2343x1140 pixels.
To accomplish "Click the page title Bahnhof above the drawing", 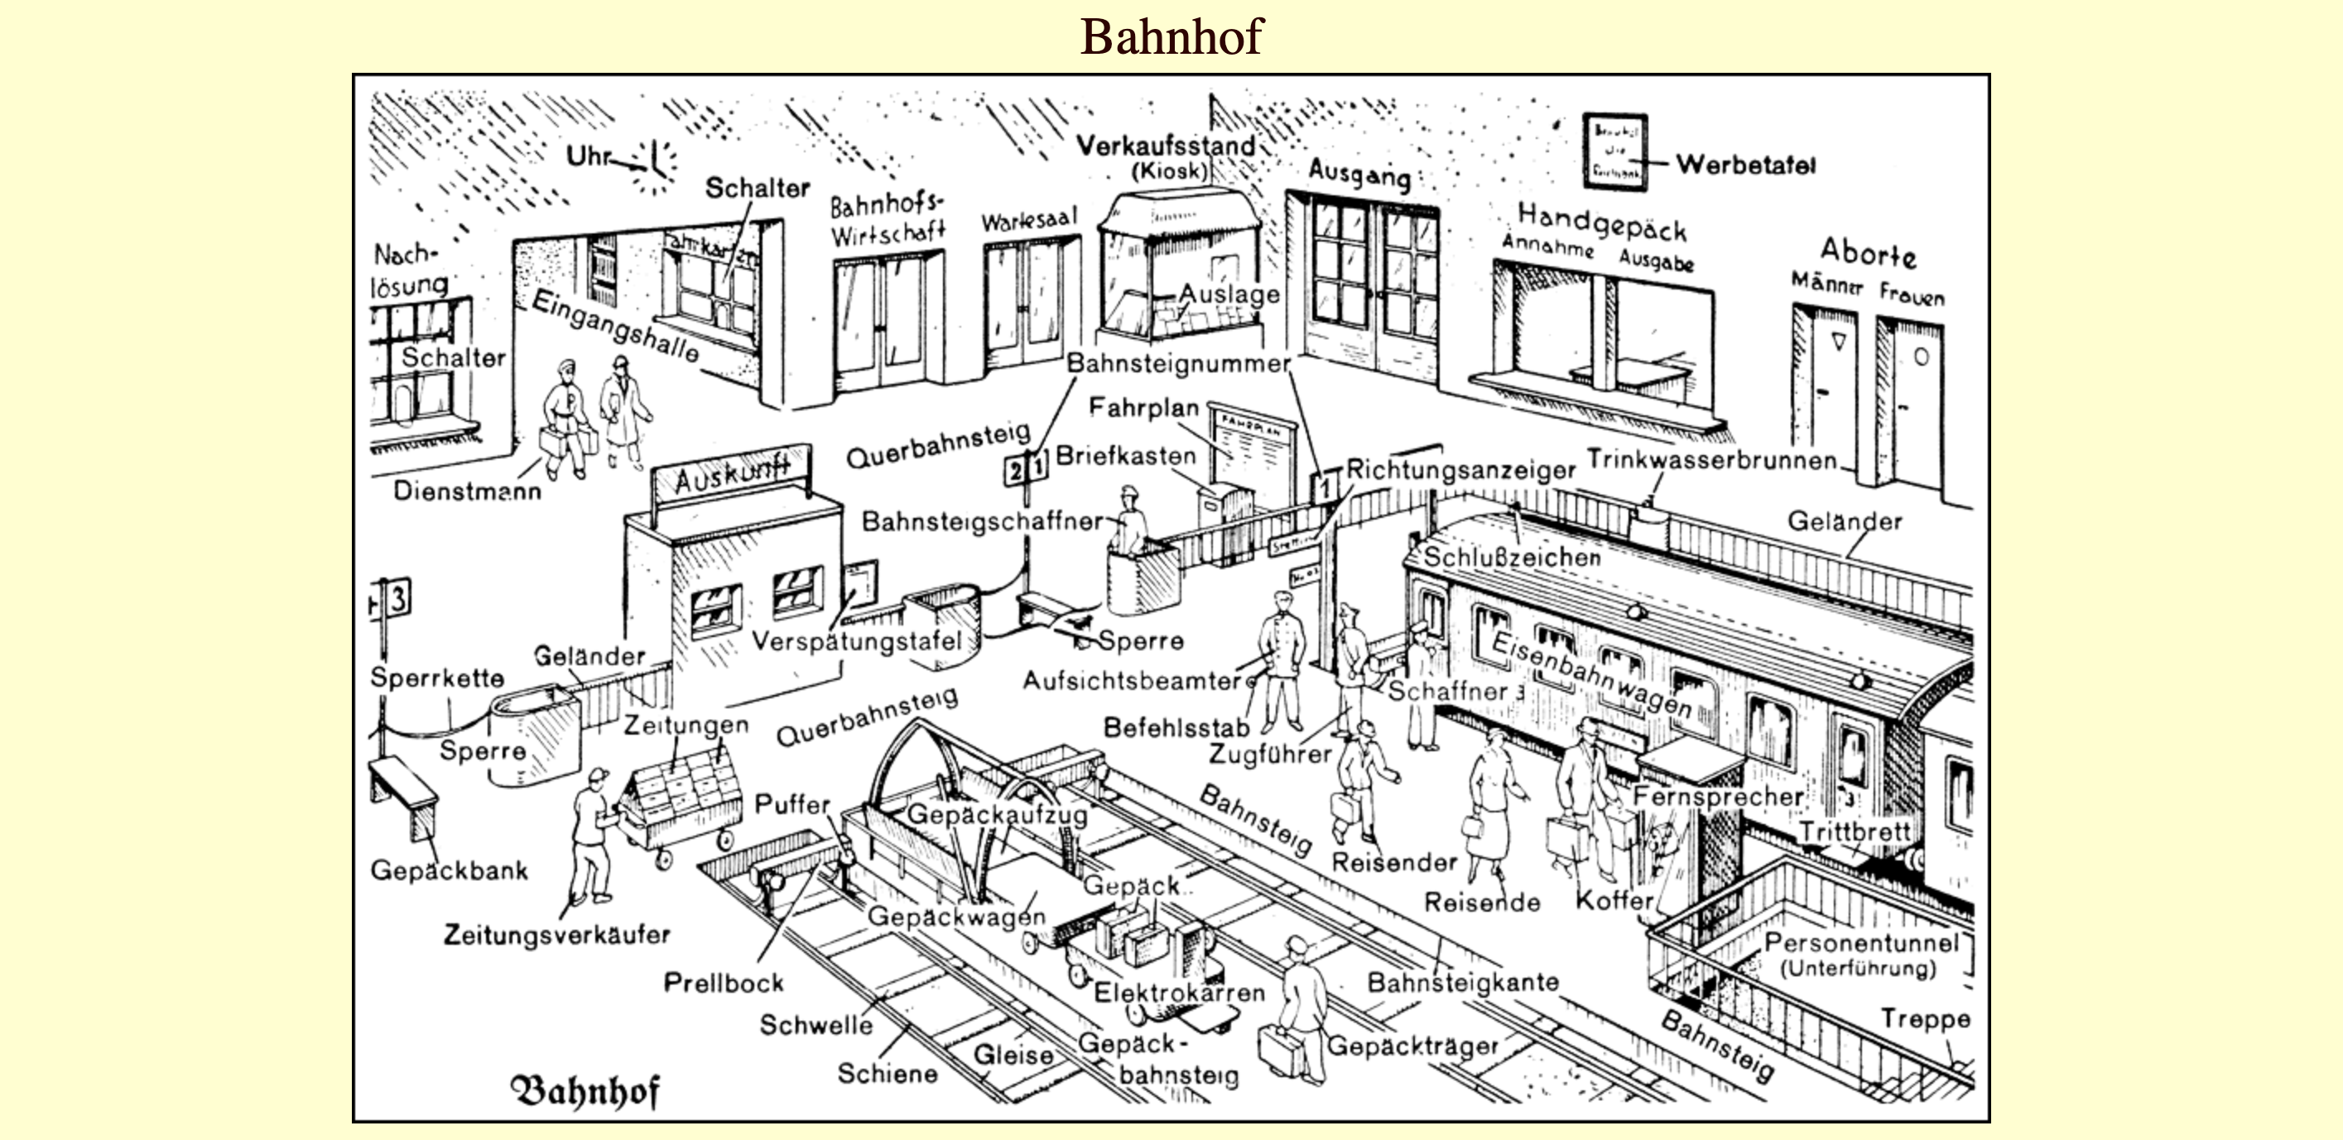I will tap(1171, 36).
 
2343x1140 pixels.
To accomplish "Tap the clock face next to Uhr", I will tap(657, 166).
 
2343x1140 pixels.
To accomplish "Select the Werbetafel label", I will tap(1745, 165).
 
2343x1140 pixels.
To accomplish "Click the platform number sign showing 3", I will tap(397, 600).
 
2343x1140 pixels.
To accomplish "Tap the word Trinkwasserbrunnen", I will tap(1712, 460).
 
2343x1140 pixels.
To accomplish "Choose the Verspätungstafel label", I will tap(857, 641).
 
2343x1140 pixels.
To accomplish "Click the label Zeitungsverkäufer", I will tap(556, 935).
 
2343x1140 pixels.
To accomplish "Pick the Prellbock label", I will tap(723, 983).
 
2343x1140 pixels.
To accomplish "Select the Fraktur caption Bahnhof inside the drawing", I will tap(585, 1091).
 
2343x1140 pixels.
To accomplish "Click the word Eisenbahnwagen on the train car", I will tap(1592, 673).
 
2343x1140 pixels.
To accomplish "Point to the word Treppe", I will tap(1925, 1019).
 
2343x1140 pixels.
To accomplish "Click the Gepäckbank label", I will tap(449, 871).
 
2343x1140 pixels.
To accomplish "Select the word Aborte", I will tap(1867, 251).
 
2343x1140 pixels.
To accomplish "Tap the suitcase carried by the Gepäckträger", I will tap(1279, 1048).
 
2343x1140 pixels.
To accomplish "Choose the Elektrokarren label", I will tap(1179, 993).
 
